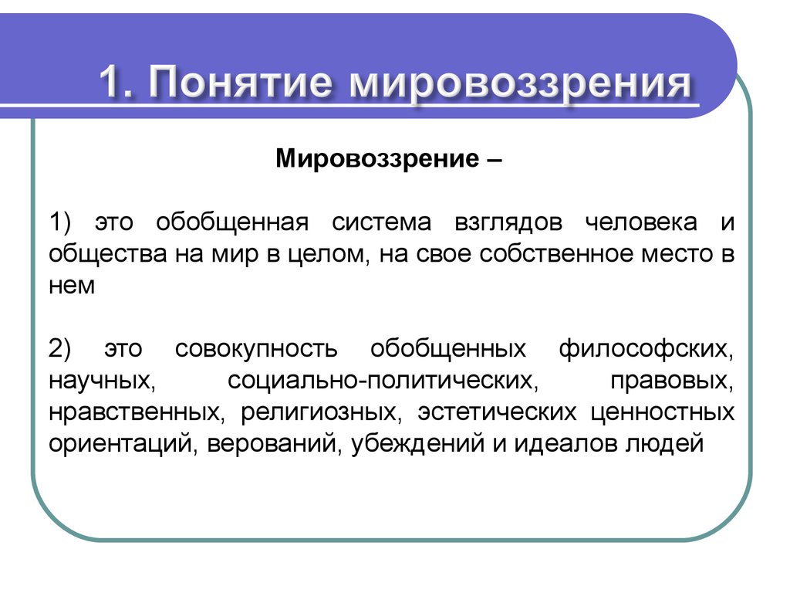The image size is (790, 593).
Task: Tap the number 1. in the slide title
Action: (116, 80)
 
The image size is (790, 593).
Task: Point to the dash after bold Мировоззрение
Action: (495, 161)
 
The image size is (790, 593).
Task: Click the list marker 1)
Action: (60, 222)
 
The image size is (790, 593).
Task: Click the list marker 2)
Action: (60, 349)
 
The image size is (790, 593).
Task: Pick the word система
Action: (381, 223)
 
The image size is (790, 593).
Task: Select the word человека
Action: (641, 223)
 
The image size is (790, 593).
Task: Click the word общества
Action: (108, 255)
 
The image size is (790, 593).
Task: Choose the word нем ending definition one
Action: (72, 286)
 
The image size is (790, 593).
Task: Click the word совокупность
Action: (256, 350)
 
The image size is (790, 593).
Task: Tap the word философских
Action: (646, 350)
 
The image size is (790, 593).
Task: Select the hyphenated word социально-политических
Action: (383, 381)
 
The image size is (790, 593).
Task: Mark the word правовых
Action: (672, 381)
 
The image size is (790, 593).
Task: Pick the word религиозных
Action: (322, 413)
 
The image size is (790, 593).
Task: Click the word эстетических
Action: (497, 413)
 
